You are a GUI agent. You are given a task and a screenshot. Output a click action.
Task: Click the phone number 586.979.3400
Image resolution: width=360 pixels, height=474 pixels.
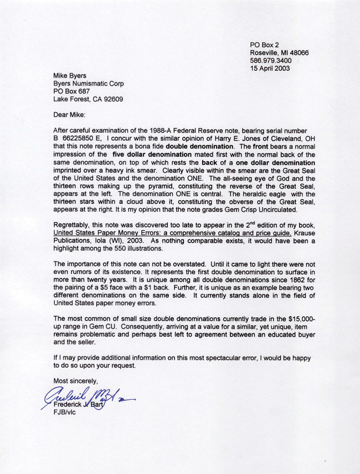tap(272, 60)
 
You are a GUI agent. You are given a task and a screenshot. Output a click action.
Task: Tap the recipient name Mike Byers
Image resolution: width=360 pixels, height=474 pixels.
tap(70, 76)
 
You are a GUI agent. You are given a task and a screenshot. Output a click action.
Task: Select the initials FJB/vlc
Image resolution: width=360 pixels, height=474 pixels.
tap(65, 413)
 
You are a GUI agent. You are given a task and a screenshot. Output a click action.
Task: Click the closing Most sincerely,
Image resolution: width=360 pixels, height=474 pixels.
tap(75, 380)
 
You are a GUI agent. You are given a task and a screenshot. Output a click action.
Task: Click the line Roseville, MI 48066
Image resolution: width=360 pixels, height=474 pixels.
tap(279, 53)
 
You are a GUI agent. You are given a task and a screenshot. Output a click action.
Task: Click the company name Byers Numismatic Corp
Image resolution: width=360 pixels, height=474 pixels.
tap(89, 84)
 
